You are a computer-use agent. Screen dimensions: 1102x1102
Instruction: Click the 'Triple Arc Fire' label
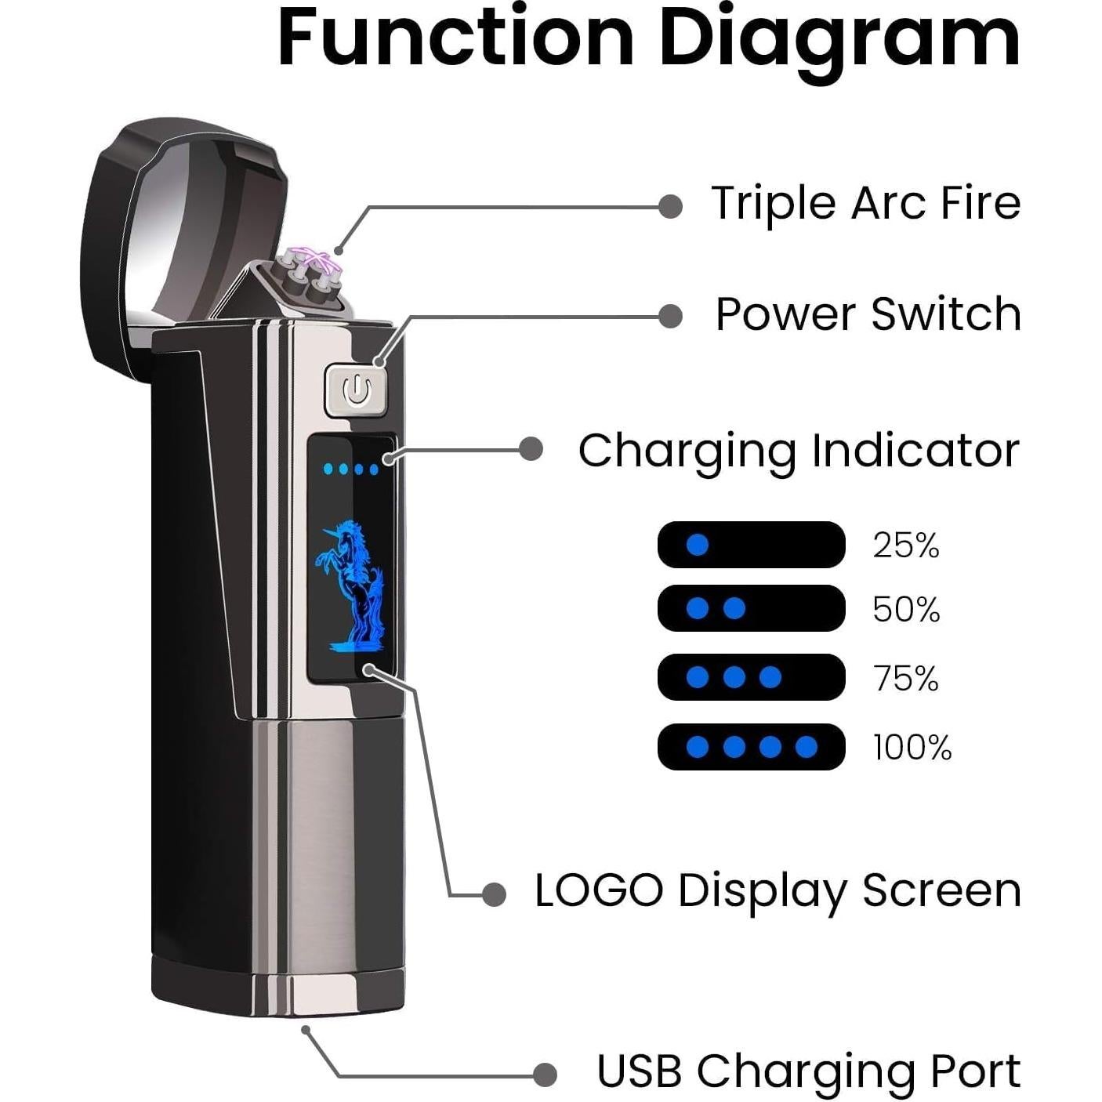[866, 204]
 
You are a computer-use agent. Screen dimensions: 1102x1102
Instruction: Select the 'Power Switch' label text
[868, 314]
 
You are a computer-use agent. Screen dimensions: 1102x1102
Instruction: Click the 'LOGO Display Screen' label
[778, 891]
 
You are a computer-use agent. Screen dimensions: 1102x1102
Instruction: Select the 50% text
[906, 609]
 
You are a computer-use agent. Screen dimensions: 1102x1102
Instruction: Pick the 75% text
[906, 678]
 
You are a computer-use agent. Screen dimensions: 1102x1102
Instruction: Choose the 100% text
[912, 747]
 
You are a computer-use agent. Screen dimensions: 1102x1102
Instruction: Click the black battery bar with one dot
[751, 545]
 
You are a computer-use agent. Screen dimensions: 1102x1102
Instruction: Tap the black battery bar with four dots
[751, 746]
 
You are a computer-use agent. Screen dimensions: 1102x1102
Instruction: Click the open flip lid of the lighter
[190, 240]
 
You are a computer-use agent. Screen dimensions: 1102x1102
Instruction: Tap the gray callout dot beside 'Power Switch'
[669, 315]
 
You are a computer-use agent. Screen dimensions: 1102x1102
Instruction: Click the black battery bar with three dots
[751, 677]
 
